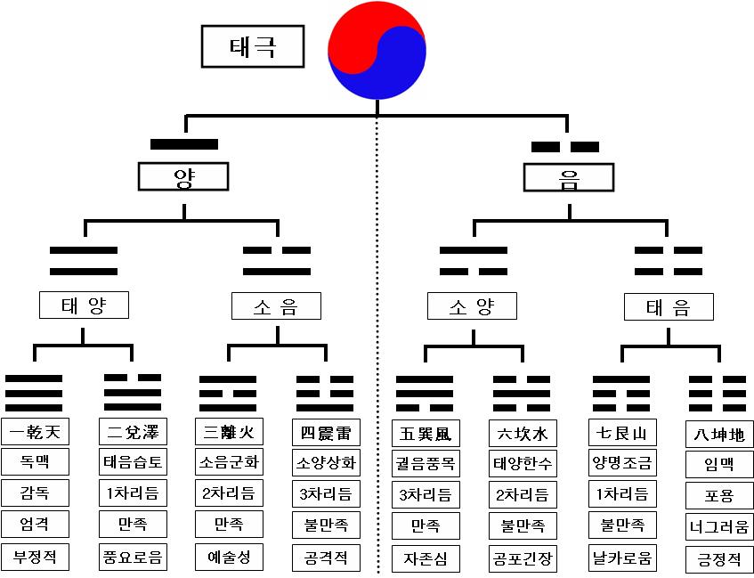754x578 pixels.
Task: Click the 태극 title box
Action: [x=253, y=46]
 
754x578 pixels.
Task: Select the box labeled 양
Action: [x=183, y=177]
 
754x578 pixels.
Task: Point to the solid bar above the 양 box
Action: [x=184, y=144]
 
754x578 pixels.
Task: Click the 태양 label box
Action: [x=84, y=305]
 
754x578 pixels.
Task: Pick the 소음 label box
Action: [x=276, y=307]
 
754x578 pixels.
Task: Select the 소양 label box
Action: [x=472, y=307]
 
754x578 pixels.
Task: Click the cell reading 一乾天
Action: [x=35, y=433]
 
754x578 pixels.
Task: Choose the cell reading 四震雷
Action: [x=326, y=433]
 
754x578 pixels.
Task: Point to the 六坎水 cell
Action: [x=523, y=433]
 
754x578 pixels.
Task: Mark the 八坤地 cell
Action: [x=720, y=435]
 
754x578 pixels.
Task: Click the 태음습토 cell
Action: [x=132, y=463]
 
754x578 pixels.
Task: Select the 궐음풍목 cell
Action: [x=426, y=463]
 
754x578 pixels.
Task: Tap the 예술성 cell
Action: [x=229, y=558]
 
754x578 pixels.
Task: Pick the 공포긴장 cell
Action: [x=523, y=558]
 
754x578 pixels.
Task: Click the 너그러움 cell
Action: [x=720, y=526]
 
